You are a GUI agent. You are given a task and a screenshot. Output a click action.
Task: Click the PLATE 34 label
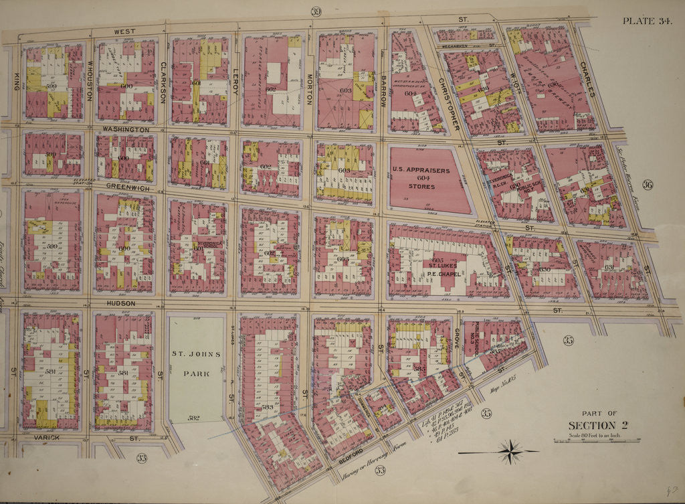(647, 20)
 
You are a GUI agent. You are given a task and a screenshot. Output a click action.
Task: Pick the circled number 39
(316, 11)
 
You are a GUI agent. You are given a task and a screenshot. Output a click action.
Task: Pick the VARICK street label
(46, 437)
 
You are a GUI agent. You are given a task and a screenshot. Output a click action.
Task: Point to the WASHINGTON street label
(126, 129)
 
